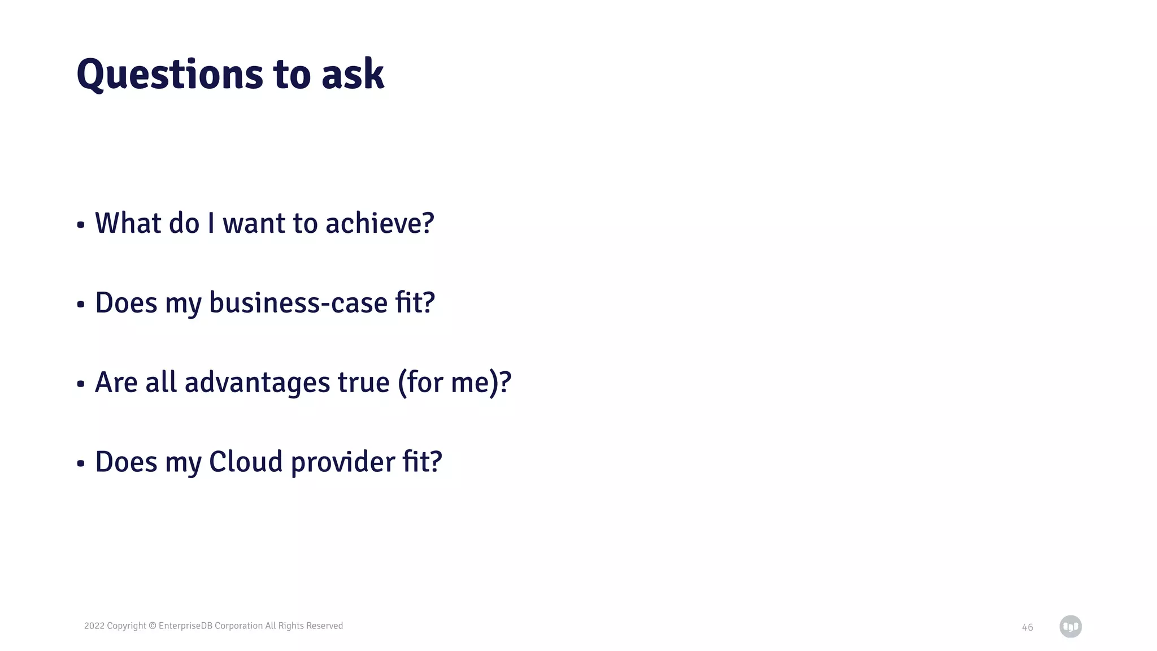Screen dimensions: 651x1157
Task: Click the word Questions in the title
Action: [x=169, y=75]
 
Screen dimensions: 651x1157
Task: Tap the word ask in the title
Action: [x=353, y=75]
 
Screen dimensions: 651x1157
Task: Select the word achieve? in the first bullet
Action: [x=380, y=223]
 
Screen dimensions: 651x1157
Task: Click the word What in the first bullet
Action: [x=128, y=223]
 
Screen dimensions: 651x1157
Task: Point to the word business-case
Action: [x=298, y=303]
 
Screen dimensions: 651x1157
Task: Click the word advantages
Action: [x=257, y=383]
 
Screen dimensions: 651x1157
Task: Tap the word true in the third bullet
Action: [x=363, y=383]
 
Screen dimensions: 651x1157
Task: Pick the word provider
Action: [x=343, y=462]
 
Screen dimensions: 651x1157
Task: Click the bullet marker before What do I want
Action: [x=81, y=225]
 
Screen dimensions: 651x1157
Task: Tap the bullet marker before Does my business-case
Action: [x=81, y=305]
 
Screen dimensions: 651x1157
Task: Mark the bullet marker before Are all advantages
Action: [x=81, y=385]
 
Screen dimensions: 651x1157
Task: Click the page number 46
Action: [x=1027, y=627]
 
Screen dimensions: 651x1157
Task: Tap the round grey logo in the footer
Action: [x=1070, y=627]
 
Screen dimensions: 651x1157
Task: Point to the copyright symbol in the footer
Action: [x=153, y=626]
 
